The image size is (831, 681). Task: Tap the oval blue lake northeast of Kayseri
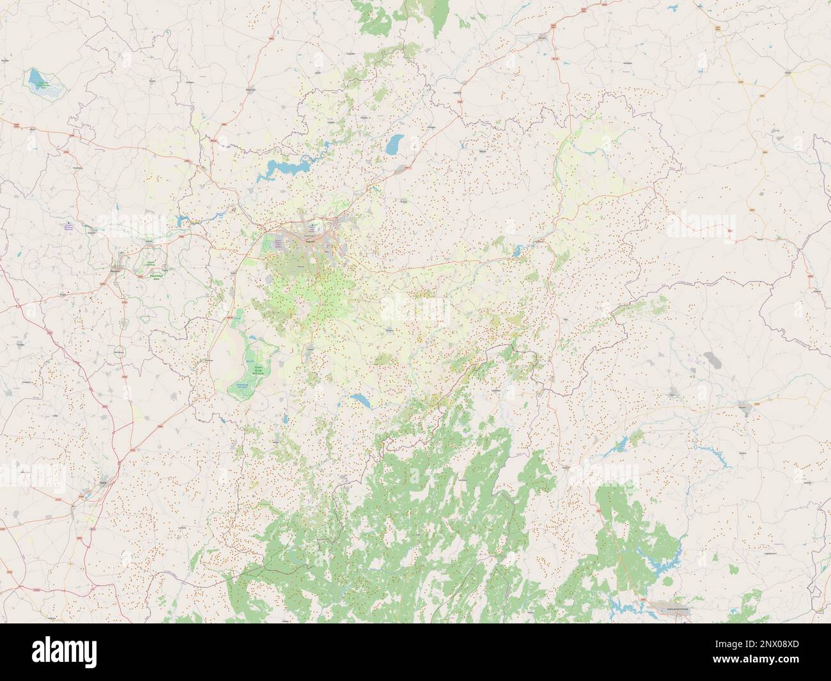click(x=398, y=143)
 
